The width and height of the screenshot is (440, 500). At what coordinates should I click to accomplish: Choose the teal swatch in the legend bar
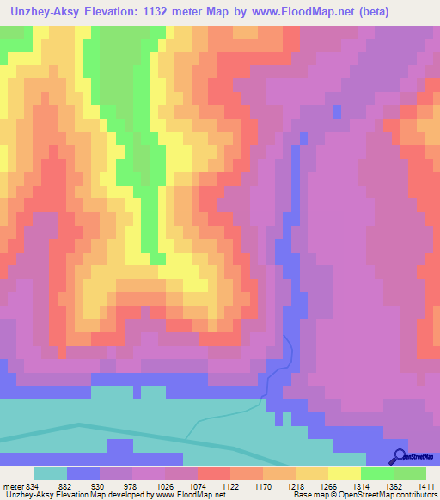click(x=51, y=474)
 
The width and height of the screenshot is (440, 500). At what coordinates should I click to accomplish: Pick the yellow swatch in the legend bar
click(x=345, y=474)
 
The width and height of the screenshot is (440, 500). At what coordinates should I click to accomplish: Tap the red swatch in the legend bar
click(x=214, y=474)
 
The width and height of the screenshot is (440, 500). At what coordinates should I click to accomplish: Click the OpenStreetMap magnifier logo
click(x=398, y=456)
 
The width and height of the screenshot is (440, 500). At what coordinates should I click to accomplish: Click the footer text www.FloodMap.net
click(x=184, y=494)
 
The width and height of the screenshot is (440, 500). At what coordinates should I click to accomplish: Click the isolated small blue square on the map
click(x=336, y=112)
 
